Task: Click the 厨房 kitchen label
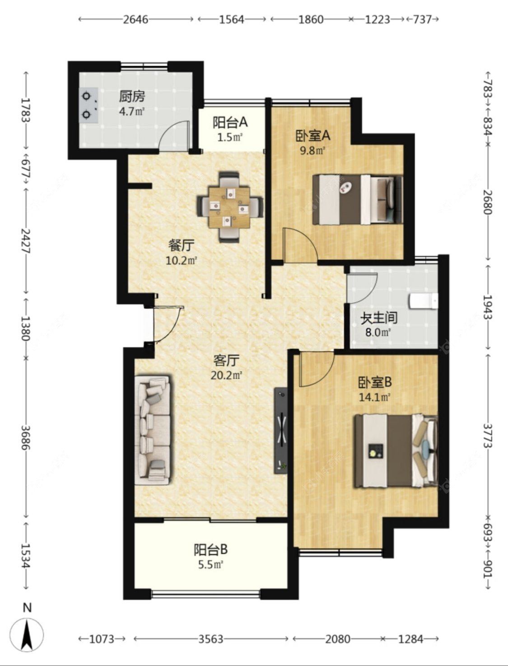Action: point(131,97)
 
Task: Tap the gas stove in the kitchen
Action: point(89,105)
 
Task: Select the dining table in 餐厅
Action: point(230,207)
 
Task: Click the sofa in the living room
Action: point(153,430)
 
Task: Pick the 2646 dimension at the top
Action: point(136,19)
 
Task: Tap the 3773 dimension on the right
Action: point(488,436)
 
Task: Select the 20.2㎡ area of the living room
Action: point(226,376)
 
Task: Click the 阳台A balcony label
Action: point(230,122)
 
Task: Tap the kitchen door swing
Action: point(175,136)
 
